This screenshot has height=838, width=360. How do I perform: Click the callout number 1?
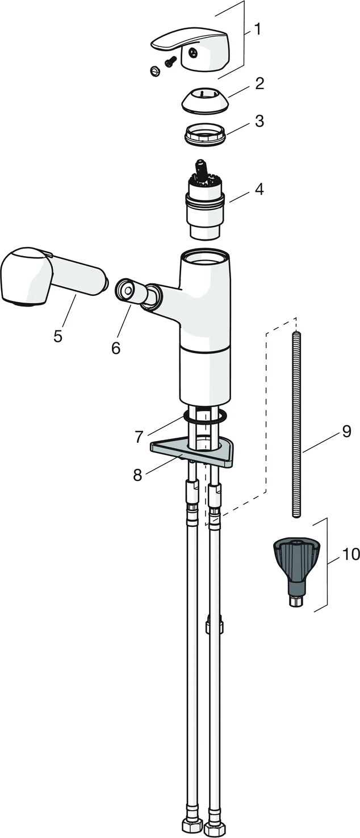coord(257,29)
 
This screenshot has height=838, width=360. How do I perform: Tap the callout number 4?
coord(259,189)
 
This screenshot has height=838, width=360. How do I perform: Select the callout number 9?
coord(346,431)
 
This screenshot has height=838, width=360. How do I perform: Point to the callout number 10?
coord(351,554)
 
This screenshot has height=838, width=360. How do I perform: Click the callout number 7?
coord(139,436)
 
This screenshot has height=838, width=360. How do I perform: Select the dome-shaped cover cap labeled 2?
coord(204,99)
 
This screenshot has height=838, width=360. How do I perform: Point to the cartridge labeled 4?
coord(205,200)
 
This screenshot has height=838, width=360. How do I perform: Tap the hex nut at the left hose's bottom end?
coord(190,830)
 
